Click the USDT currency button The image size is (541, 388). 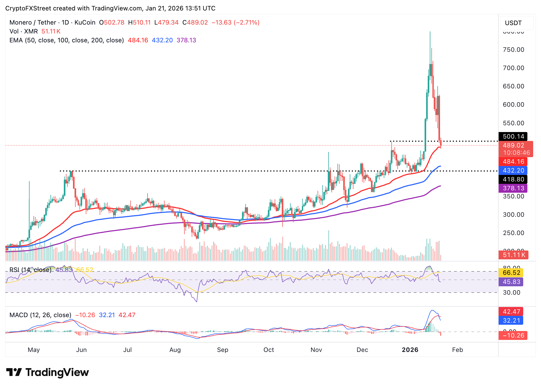[x=513, y=23]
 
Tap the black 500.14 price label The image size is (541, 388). [x=513, y=136]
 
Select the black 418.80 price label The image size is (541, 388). [x=513, y=179]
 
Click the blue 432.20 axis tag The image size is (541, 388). [x=513, y=170]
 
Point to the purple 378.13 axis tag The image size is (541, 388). [x=513, y=188]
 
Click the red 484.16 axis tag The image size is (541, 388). [x=513, y=162]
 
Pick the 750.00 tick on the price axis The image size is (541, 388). [x=513, y=50]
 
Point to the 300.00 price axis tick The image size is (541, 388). [x=513, y=215]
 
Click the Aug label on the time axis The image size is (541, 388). [x=175, y=350]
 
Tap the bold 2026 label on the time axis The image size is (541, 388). [x=410, y=350]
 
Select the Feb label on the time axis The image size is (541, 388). [x=457, y=350]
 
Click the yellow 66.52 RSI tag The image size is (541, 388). [x=511, y=273]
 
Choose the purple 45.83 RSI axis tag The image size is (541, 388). [x=511, y=282]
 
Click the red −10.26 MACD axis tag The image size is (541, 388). [x=513, y=335]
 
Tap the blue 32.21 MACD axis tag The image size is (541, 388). [x=511, y=320]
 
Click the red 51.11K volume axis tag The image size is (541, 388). [x=513, y=255]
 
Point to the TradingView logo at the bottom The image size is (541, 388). [x=47, y=372]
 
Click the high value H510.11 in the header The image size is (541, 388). [x=139, y=22]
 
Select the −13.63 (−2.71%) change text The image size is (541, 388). [x=235, y=22]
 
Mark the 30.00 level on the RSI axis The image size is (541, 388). [x=511, y=293]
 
